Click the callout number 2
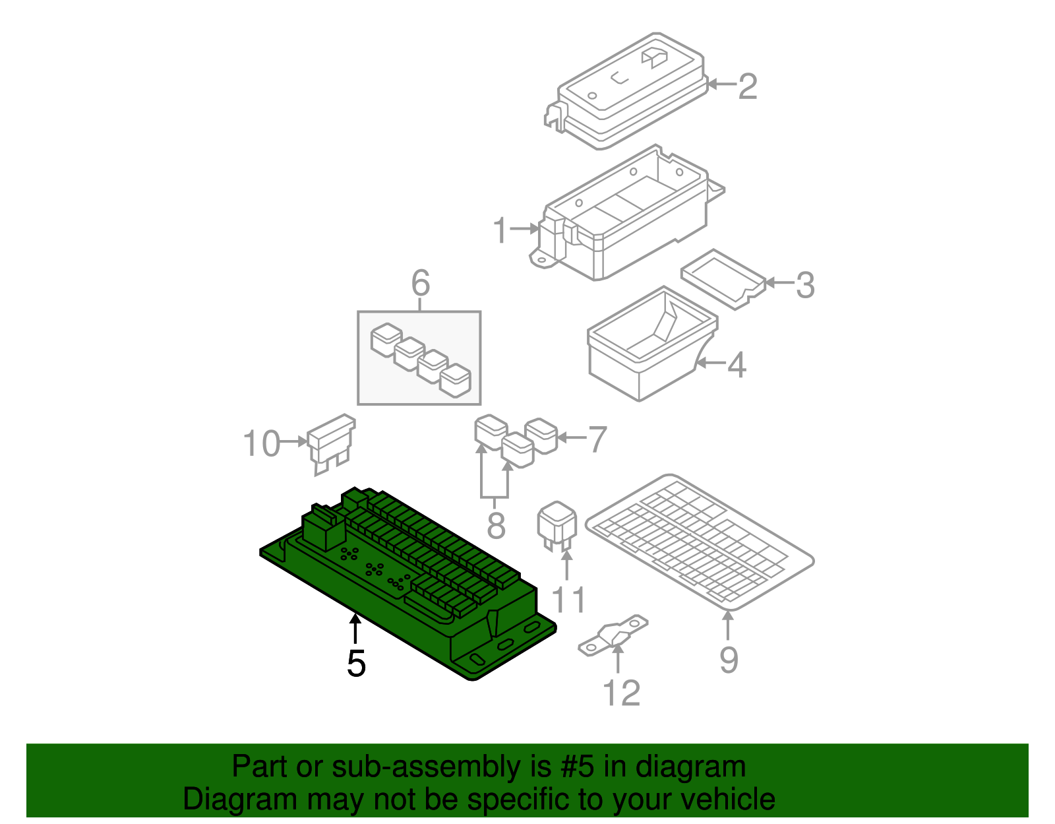(x=747, y=86)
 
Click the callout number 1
(x=500, y=230)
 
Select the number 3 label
(x=804, y=285)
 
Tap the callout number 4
(x=737, y=365)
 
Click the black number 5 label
(x=356, y=663)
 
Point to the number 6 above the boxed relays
(x=420, y=283)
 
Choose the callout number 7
(x=597, y=439)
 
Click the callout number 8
(x=496, y=526)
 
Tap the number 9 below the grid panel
(x=728, y=659)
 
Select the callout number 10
(x=262, y=443)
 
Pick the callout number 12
(x=621, y=693)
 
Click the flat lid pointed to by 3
(x=723, y=278)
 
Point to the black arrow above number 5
(x=355, y=627)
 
